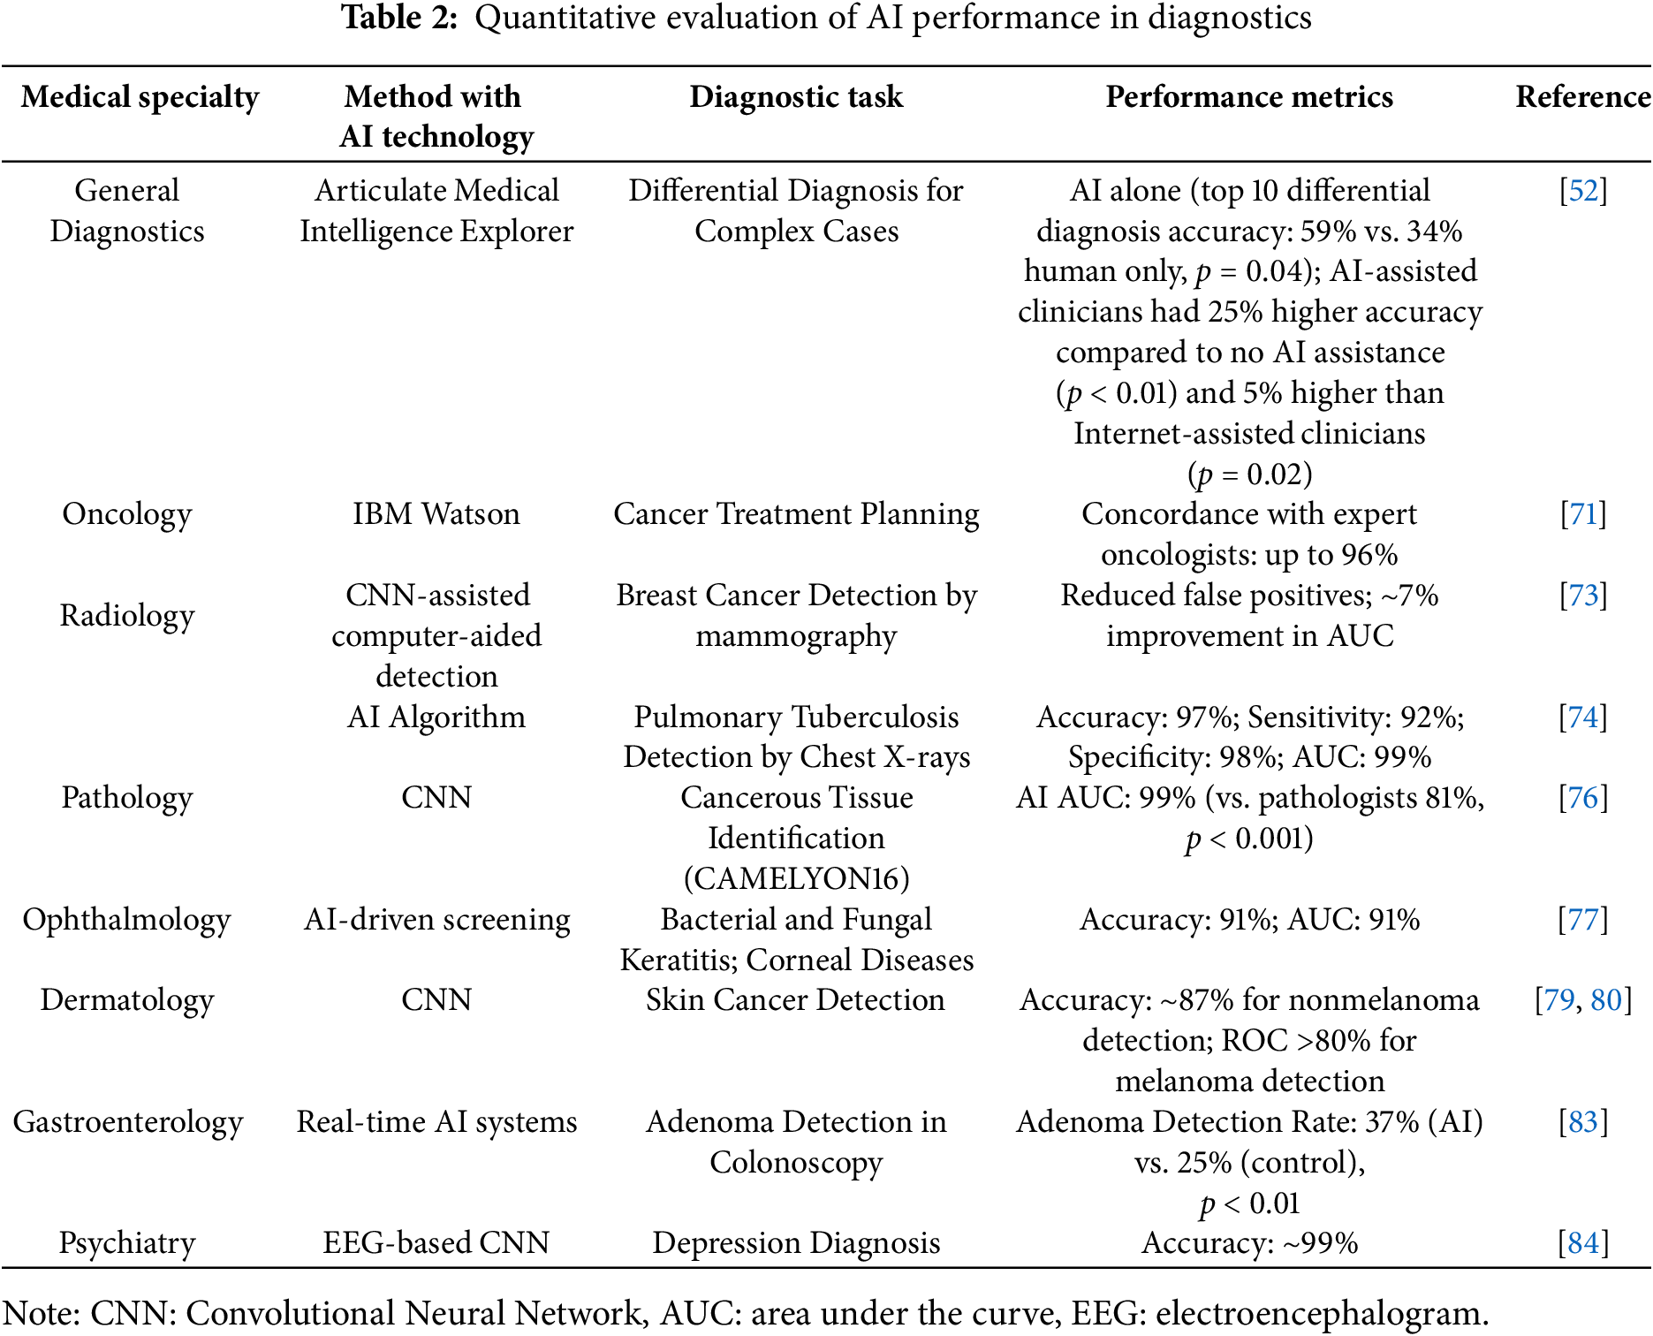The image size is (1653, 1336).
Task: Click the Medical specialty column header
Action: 140,97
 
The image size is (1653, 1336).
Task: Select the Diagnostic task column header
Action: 796,97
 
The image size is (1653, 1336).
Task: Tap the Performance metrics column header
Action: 1249,97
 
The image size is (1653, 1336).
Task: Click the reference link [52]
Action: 1583,191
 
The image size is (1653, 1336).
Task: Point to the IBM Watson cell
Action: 436,514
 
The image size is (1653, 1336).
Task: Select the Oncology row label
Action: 127,514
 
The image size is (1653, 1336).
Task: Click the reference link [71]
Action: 1583,514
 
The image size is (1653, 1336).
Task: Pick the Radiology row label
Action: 127,616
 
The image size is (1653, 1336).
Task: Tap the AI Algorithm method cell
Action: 436,717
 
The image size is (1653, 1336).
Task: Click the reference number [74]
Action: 1583,717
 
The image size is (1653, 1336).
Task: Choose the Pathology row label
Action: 127,798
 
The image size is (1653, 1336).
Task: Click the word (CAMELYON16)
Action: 796,879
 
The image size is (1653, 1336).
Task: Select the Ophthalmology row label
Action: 127,920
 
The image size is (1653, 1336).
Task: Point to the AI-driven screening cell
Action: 436,920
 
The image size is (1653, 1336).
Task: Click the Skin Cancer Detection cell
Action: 795,1000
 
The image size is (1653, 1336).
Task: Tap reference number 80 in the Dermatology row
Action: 1606,1000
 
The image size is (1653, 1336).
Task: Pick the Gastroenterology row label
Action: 128,1122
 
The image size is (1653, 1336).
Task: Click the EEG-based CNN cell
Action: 436,1243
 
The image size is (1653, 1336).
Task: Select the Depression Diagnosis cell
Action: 796,1243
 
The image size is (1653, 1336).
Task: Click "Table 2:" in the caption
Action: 399,18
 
